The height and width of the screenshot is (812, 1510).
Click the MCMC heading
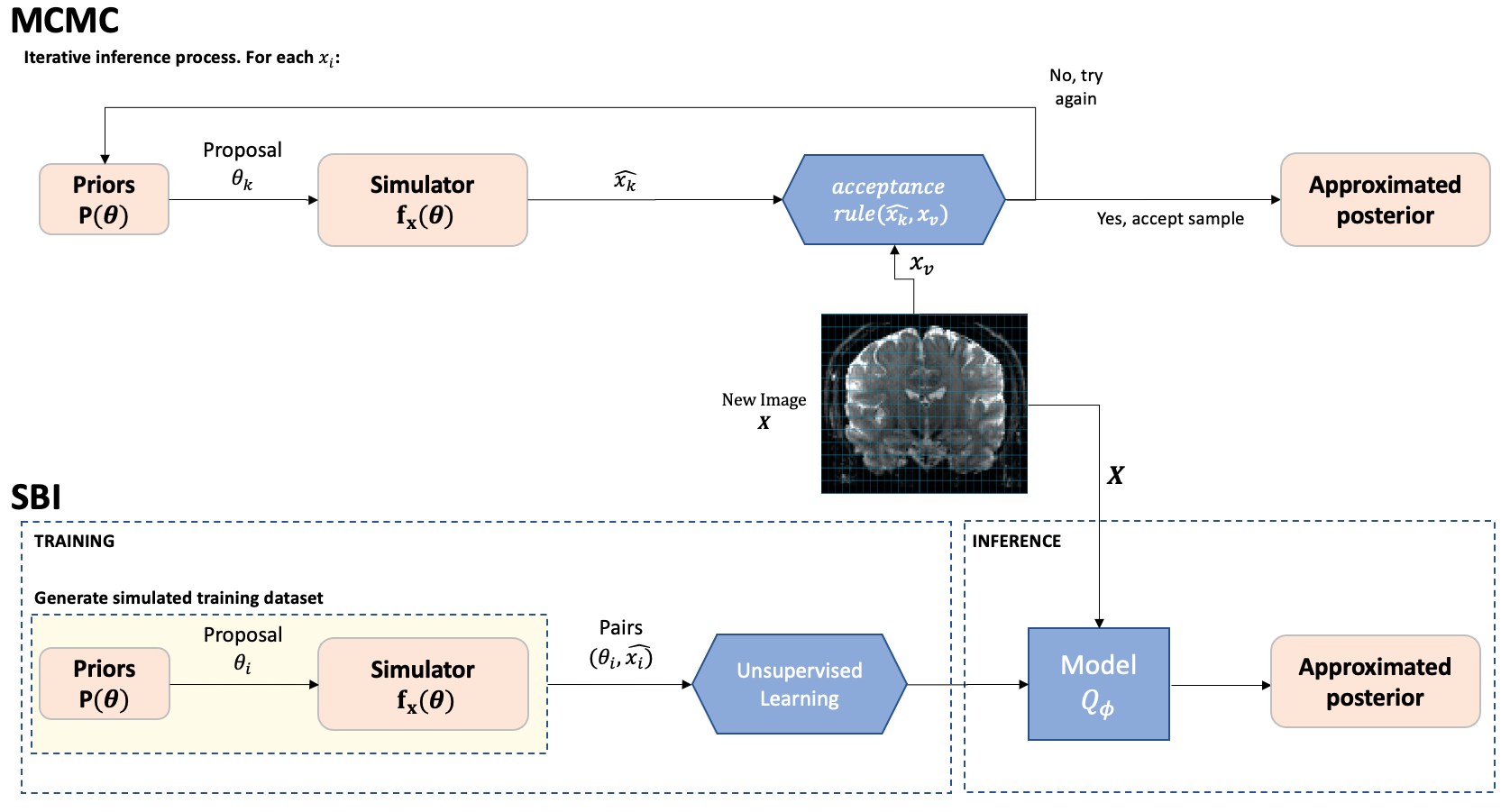65,21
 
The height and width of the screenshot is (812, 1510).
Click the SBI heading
36,497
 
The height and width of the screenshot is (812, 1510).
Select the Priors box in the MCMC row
104,199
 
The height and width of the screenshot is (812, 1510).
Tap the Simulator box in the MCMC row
422,199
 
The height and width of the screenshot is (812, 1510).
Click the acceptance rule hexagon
892,199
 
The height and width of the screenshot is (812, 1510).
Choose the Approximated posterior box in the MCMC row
1385,199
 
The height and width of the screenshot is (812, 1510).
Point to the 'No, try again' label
1075,87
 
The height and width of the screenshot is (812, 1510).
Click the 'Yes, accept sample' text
1170,219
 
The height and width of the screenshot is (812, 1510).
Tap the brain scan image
924,404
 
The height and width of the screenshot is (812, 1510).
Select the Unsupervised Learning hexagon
800,684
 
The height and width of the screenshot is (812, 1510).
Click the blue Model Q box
1098,684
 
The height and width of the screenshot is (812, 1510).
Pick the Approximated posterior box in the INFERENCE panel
1375,681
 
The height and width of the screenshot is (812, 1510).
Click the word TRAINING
74,541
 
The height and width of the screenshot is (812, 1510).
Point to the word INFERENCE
1016,541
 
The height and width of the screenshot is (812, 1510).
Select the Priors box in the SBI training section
104,683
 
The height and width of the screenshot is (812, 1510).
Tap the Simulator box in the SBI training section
422,684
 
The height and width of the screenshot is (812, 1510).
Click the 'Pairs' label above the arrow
620,628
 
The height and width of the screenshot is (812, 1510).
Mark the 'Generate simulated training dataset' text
178,598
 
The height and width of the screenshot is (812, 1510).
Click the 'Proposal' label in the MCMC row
242,151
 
